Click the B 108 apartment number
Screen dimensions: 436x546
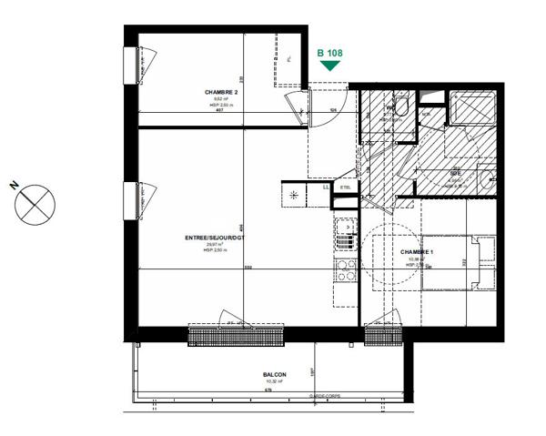click(329, 54)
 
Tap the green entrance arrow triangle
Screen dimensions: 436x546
click(329, 66)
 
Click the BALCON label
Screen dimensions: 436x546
click(275, 375)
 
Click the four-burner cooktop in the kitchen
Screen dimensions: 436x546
click(346, 269)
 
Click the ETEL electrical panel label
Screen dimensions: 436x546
click(345, 188)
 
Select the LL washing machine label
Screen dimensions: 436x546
click(326, 188)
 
